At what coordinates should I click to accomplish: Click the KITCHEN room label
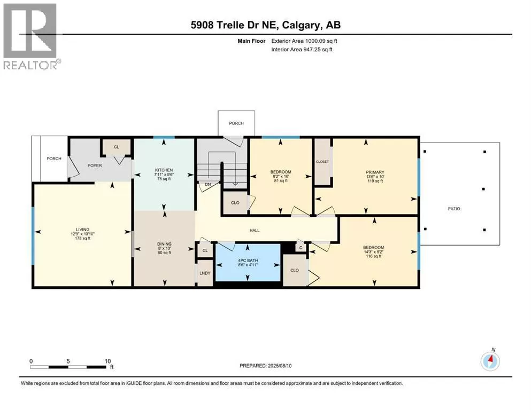pyautogui.click(x=164, y=170)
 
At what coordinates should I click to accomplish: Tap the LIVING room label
pyautogui.click(x=83, y=229)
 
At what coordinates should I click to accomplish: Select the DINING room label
pyautogui.click(x=164, y=243)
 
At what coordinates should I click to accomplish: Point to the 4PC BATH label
pyautogui.click(x=248, y=261)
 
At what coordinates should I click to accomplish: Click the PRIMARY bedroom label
pyautogui.click(x=375, y=172)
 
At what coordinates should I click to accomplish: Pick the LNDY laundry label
pyautogui.click(x=205, y=273)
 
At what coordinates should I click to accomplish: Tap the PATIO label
pyautogui.click(x=454, y=209)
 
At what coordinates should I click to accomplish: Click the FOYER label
pyautogui.click(x=95, y=165)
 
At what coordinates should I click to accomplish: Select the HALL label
pyautogui.click(x=255, y=230)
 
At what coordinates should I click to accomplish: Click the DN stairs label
pyautogui.click(x=208, y=184)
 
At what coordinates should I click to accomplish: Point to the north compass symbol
pyautogui.click(x=490, y=360)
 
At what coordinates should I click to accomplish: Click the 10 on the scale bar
pyautogui.click(x=107, y=361)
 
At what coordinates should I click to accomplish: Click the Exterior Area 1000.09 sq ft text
pyautogui.click(x=304, y=41)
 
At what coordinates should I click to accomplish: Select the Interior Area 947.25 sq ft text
pyautogui.click(x=302, y=49)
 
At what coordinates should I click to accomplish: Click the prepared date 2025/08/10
pyautogui.click(x=280, y=366)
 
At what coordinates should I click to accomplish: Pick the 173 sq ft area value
pyautogui.click(x=83, y=238)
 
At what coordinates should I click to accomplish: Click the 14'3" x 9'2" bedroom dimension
pyautogui.click(x=374, y=252)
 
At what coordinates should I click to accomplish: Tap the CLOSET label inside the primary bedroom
pyautogui.click(x=322, y=162)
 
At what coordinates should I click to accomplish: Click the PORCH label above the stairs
pyautogui.click(x=236, y=123)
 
